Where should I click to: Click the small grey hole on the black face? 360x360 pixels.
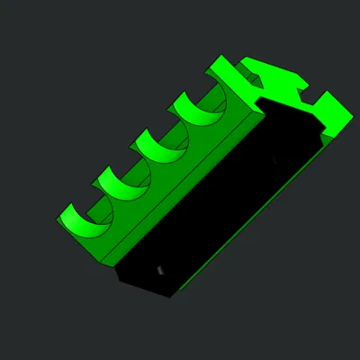160,269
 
